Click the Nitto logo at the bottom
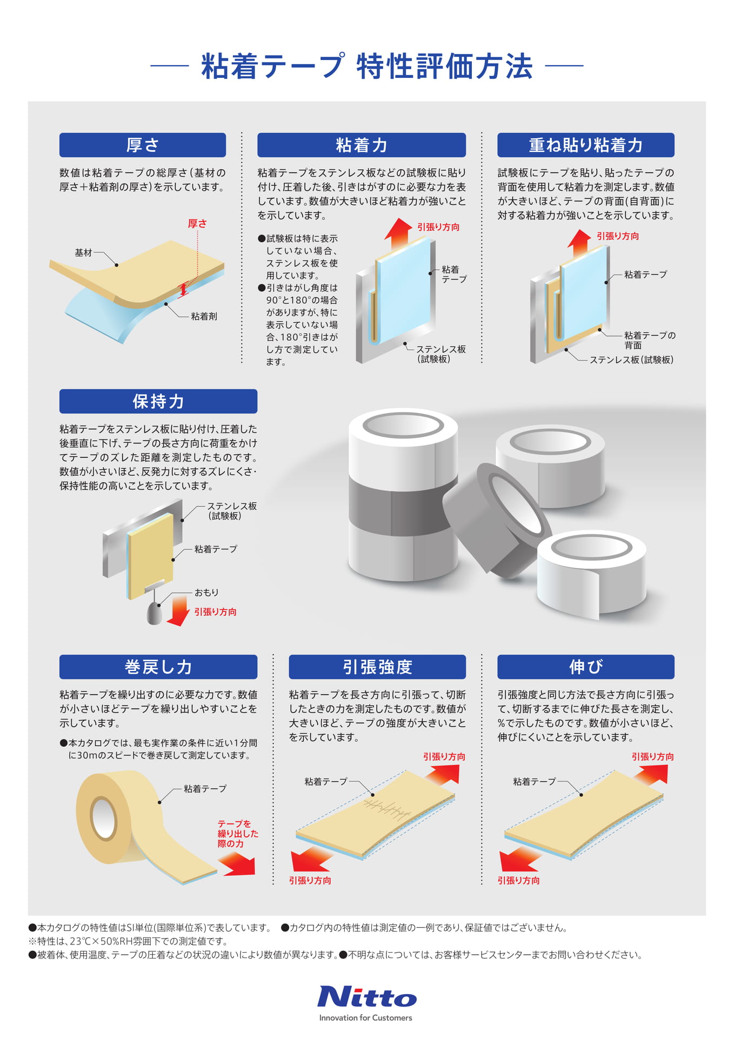(366, 997)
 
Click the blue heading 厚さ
(143, 145)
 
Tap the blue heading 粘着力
(362, 145)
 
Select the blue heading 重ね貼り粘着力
(586, 145)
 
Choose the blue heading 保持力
(158, 401)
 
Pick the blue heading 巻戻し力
(158, 667)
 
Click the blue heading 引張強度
(377, 667)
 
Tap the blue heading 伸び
(586, 667)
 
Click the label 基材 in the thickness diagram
(83, 252)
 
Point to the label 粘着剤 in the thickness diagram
(204, 316)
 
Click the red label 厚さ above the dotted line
(197, 223)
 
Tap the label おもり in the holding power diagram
(206, 593)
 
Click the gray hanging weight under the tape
(155, 614)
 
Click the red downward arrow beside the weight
(178, 609)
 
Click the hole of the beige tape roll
(103, 816)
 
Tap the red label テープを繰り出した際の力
(238, 833)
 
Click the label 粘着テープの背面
(650, 340)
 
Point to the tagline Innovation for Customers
(365, 1017)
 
